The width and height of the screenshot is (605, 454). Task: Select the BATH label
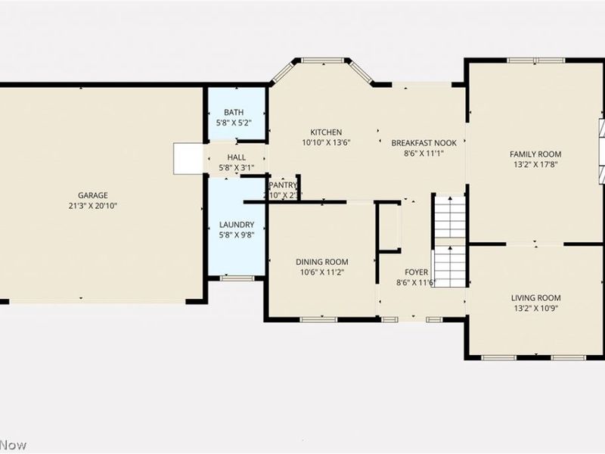[x=233, y=112]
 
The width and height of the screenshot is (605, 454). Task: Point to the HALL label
[x=237, y=157]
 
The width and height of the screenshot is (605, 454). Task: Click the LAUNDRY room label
[x=237, y=225]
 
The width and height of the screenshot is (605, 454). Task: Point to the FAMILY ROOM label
[x=535, y=154]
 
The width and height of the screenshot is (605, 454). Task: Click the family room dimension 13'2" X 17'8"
[x=535, y=164]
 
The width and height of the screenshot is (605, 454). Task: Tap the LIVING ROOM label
[x=535, y=298]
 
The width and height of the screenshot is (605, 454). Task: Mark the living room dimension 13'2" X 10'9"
[x=535, y=309]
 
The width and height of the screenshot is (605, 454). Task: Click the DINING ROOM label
[x=322, y=262]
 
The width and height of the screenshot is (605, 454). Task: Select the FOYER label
[x=417, y=272]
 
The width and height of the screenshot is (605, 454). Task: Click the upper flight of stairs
[x=449, y=215]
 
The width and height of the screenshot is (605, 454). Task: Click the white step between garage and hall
[x=186, y=158]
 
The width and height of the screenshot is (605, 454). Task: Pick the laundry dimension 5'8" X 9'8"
[x=237, y=235]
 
